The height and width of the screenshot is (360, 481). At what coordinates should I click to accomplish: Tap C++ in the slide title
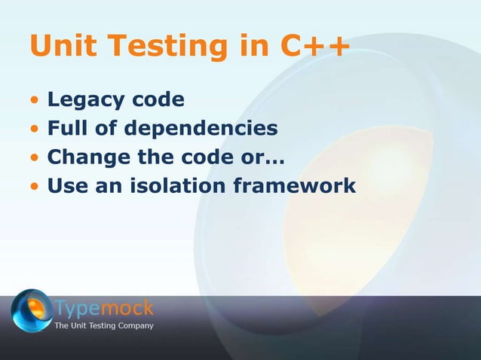click(314, 47)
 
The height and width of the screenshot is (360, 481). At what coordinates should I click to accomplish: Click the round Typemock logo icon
click(31, 311)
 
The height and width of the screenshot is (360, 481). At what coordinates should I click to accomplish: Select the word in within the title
click(250, 47)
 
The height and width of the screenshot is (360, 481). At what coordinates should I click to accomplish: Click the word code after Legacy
click(161, 100)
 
